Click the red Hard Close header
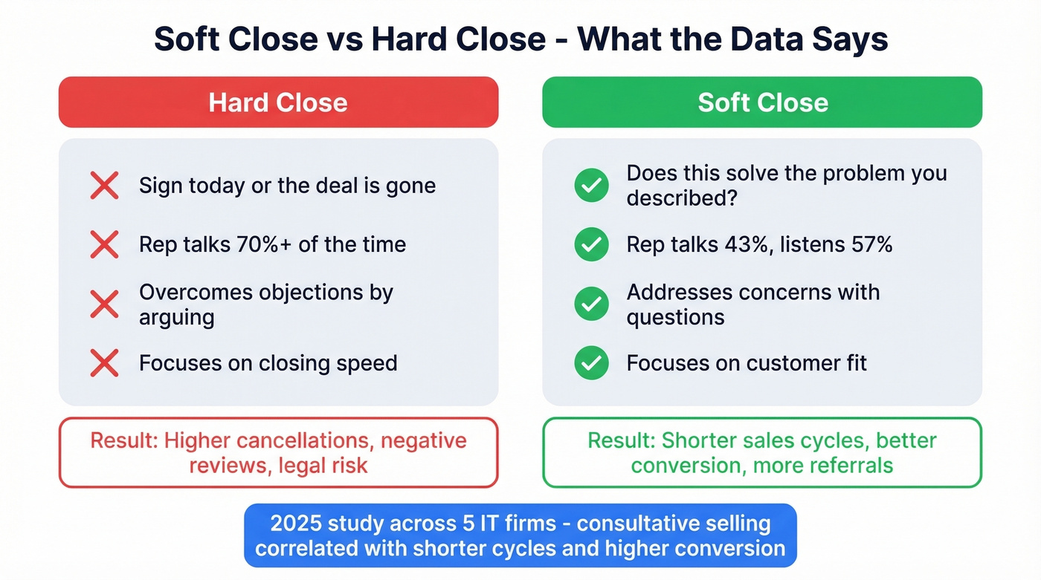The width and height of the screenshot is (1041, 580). coord(278,102)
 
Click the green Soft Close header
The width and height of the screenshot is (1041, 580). coord(762,102)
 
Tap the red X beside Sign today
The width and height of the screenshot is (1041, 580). coord(104,185)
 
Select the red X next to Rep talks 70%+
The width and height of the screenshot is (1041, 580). coord(104,244)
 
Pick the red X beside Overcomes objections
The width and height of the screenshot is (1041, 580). coord(104,304)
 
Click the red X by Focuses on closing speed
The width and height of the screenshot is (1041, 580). coord(104,363)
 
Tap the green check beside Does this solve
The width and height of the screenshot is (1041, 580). coord(592,185)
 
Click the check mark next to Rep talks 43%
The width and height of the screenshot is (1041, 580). coord(592,244)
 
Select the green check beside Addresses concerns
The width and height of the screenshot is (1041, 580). coord(592,304)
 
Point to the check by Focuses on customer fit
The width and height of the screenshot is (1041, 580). coord(592,363)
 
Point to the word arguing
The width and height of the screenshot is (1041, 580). coord(177,317)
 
